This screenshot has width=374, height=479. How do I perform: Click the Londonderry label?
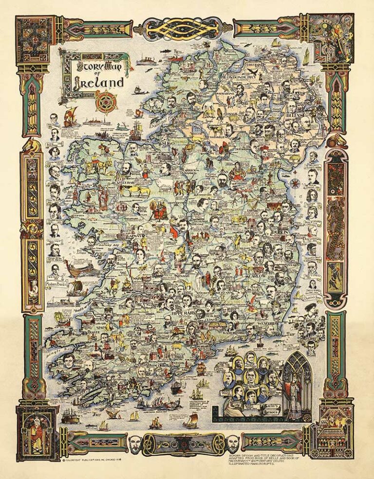click(229, 76)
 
